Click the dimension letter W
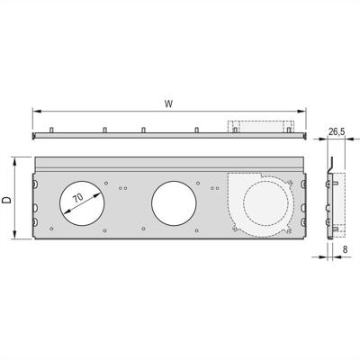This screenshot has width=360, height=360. pyautogui.click(x=168, y=104)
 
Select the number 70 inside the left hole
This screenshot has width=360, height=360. pyautogui.click(x=78, y=196)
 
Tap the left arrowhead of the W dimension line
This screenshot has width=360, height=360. pyautogui.click(x=36, y=112)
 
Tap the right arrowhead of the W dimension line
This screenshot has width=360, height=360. pyautogui.click(x=302, y=112)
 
